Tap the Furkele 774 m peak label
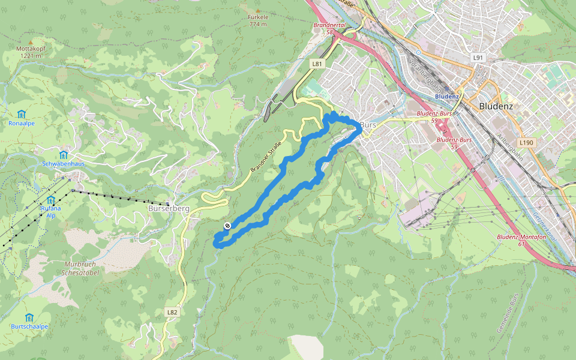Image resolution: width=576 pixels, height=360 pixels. click(257, 20)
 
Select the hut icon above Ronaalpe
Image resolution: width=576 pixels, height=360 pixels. click(22, 113)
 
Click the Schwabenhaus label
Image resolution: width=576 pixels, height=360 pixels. click(63, 163)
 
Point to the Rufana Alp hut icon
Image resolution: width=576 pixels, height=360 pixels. click(50, 200)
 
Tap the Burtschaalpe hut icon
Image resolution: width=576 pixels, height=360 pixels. click(29, 317)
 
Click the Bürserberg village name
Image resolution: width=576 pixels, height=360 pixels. click(168, 208)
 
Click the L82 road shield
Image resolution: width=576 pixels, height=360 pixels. click(172, 312)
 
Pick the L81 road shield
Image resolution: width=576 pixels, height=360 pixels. click(317, 63)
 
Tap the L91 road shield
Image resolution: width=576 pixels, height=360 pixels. click(478, 58)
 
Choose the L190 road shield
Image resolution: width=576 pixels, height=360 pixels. click(526, 142)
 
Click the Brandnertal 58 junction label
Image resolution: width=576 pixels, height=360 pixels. click(330, 28)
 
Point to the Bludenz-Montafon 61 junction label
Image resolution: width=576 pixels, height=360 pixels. click(520, 240)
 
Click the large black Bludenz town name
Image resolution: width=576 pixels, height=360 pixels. click(497, 106)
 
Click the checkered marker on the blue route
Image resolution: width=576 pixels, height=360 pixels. click(227, 226)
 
